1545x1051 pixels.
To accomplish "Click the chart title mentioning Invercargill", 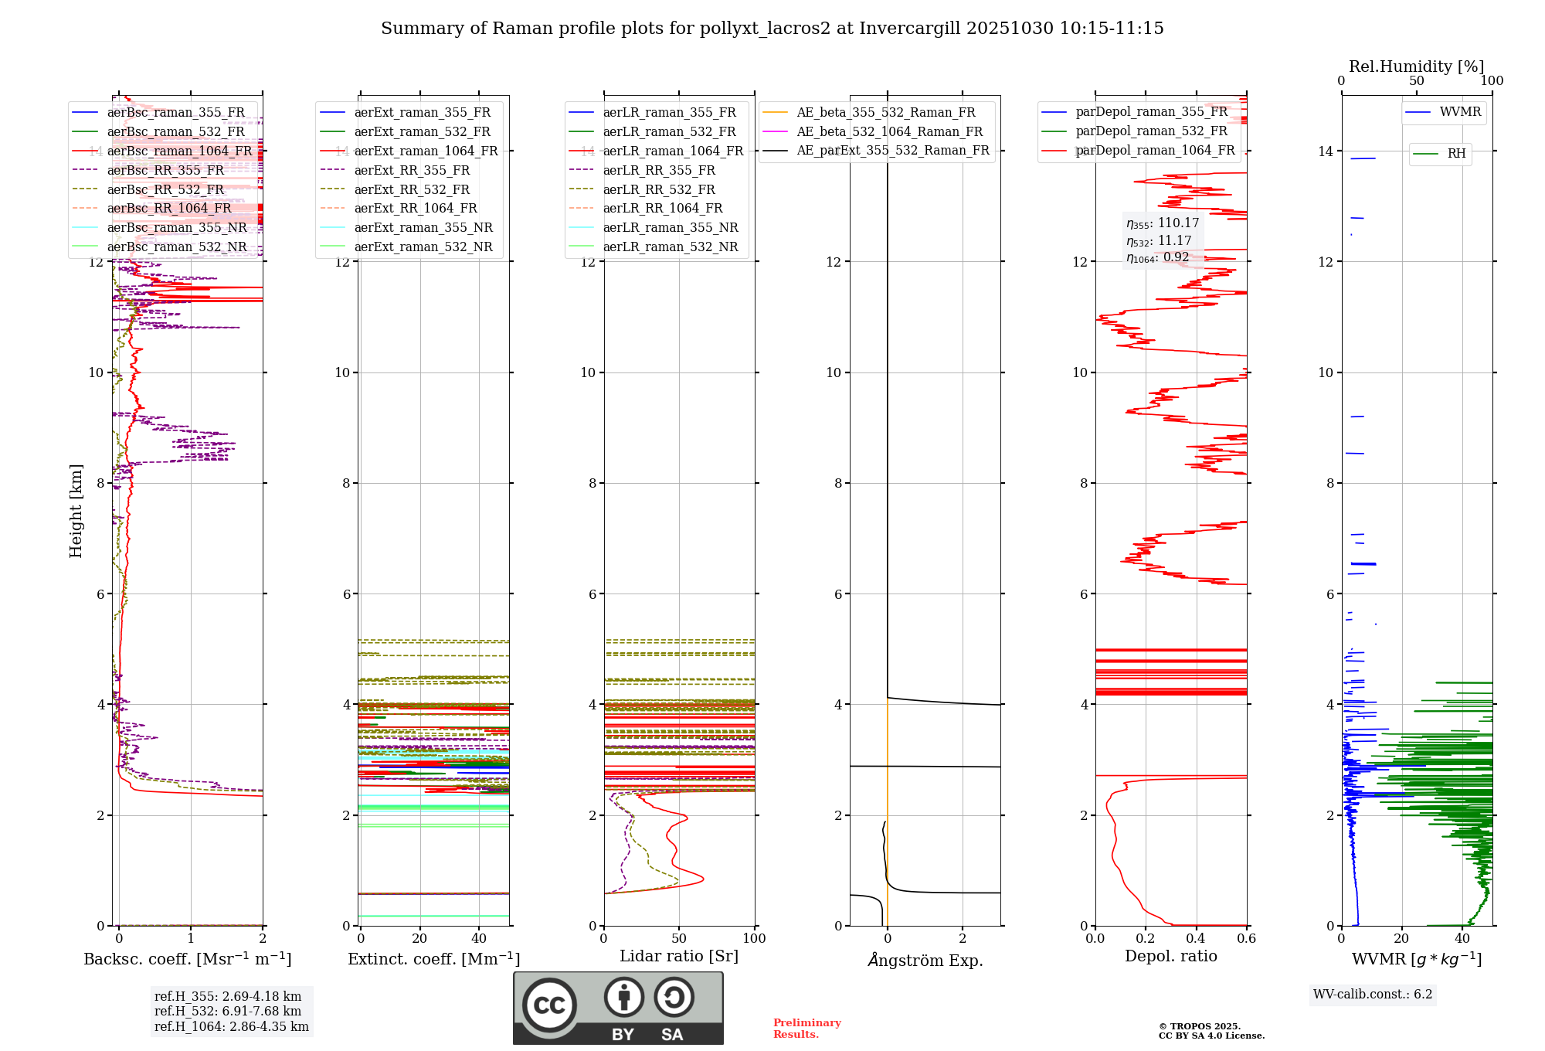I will click(772, 29).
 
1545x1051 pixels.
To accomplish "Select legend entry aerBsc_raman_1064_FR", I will click(179, 151).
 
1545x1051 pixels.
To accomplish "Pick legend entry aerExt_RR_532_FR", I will click(412, 189).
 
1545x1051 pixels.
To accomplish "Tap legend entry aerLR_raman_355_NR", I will click(670, 227).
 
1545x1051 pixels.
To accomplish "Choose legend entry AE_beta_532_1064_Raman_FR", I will click(889, 131).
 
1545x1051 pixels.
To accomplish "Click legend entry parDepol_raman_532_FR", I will click(1151, 131).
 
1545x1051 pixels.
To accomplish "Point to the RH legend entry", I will click(1455, 154).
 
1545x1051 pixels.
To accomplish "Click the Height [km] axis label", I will click(76, 511).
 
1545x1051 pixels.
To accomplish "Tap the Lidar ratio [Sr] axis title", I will click(678, 956).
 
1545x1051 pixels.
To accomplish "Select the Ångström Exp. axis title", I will click(925, 960).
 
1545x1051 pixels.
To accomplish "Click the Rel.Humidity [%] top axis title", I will click(1416, 66).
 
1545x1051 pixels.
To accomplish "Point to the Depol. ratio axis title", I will click(1170, 956).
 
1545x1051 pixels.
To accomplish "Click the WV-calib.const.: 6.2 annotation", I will click(1372, 994).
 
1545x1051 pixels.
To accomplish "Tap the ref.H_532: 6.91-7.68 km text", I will click(227, 1011).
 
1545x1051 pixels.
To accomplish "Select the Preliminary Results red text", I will click(806, 1028).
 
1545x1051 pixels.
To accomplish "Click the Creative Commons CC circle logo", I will click(549, 1005).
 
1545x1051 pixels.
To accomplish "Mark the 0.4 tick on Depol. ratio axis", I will click(1196, 938).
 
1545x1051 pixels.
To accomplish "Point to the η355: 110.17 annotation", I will click(1162, 223).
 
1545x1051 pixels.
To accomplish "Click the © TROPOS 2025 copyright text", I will click(1199, 1026).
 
